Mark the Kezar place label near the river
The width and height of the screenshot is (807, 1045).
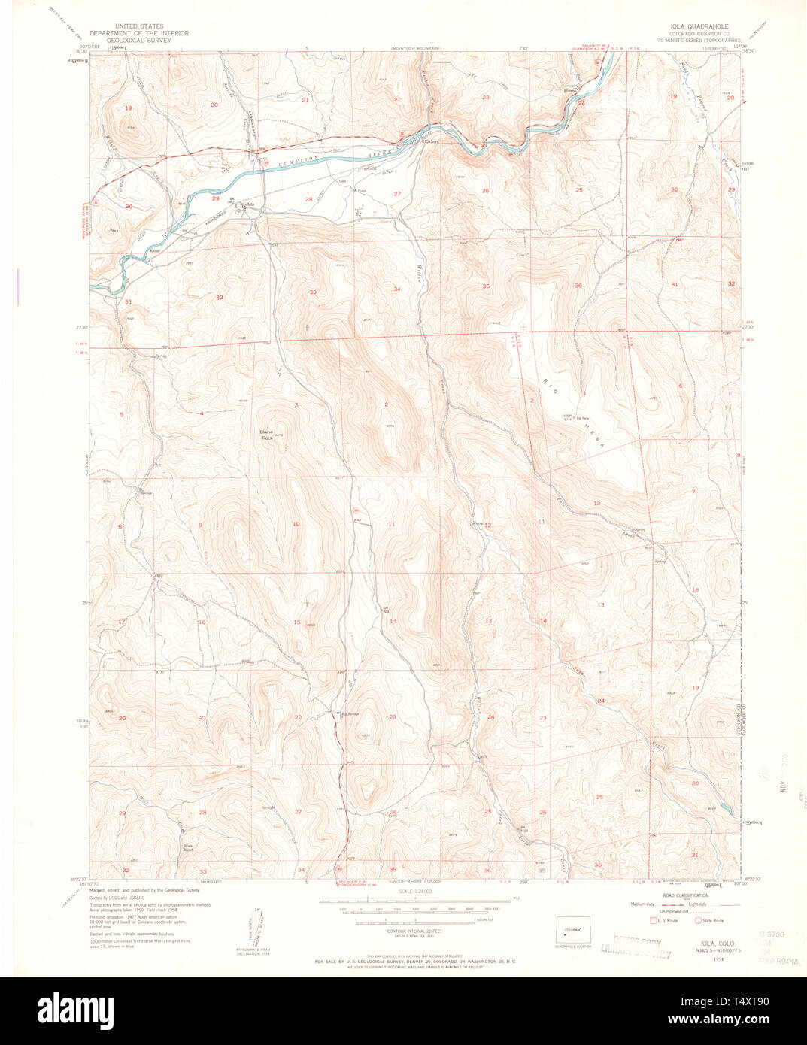[156, 251]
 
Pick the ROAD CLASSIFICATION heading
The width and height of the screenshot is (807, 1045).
[687, 895]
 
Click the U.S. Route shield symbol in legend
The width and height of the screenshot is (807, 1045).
[653, 920]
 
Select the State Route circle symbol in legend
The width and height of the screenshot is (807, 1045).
[698, 920]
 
